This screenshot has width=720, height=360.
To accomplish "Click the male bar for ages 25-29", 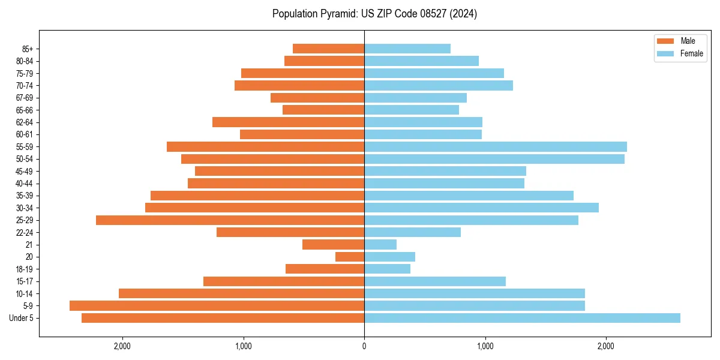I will coord(230,220).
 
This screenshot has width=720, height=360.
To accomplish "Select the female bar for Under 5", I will coord(522,318).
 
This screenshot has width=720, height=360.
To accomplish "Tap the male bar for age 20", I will coord(350,257).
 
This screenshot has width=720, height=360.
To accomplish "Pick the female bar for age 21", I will coord(380,245).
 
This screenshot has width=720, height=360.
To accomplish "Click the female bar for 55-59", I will coord(496,147).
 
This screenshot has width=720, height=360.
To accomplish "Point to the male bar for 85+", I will coord(328,49).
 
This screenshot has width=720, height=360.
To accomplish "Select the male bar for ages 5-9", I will coord(217,306).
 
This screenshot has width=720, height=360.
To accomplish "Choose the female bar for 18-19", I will coord(387,269).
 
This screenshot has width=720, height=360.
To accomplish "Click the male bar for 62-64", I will coord(288,122).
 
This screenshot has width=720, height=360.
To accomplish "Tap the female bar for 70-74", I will coord(439,86).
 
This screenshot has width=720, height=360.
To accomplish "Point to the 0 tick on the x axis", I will coord(364,346).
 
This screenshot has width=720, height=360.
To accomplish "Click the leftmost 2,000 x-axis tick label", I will coord(122,346).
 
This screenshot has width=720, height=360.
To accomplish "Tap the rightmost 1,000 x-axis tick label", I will coord(485,346).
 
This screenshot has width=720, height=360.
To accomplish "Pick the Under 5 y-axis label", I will coord(22,318).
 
